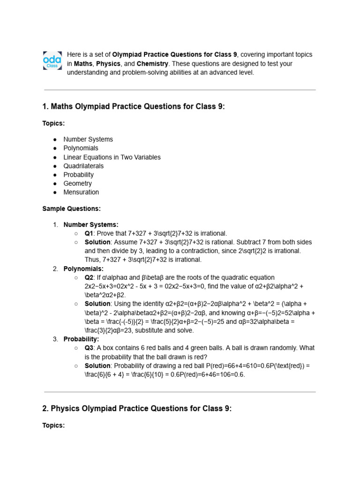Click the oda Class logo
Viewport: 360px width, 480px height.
click(x=52, y=61)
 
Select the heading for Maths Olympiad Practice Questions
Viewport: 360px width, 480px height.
click(x=134, y=107)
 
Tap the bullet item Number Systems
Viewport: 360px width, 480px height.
click(x=88, y=139)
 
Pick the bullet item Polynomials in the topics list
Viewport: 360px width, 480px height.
click(x=81, y=148)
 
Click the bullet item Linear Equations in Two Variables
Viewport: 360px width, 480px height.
click(x=112, y=157)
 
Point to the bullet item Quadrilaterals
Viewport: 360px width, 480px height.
click(x=83, y=166)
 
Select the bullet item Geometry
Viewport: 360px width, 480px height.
click(x=78, y=183)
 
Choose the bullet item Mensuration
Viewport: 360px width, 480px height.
click(x=81, y=192)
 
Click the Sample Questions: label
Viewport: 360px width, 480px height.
click(x=71, y=209)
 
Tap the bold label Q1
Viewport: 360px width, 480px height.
click(x=89, y=233)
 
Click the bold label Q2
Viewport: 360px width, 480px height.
click(x=89, y=277)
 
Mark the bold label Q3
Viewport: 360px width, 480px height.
click(x=89, y=348)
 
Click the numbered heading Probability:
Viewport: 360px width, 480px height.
click(x=81, y=339)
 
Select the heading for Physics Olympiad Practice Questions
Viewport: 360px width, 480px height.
click(x=137, y=409)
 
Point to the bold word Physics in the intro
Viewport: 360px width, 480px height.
click(x=108, y=64)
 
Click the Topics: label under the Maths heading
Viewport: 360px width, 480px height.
click(x=53, y=123)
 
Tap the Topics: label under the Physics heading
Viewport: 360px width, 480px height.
click(x=53, y=425)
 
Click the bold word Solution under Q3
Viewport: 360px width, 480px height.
click(x=97, y=366)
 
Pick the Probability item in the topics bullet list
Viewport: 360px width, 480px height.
click(x=78, y=175)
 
